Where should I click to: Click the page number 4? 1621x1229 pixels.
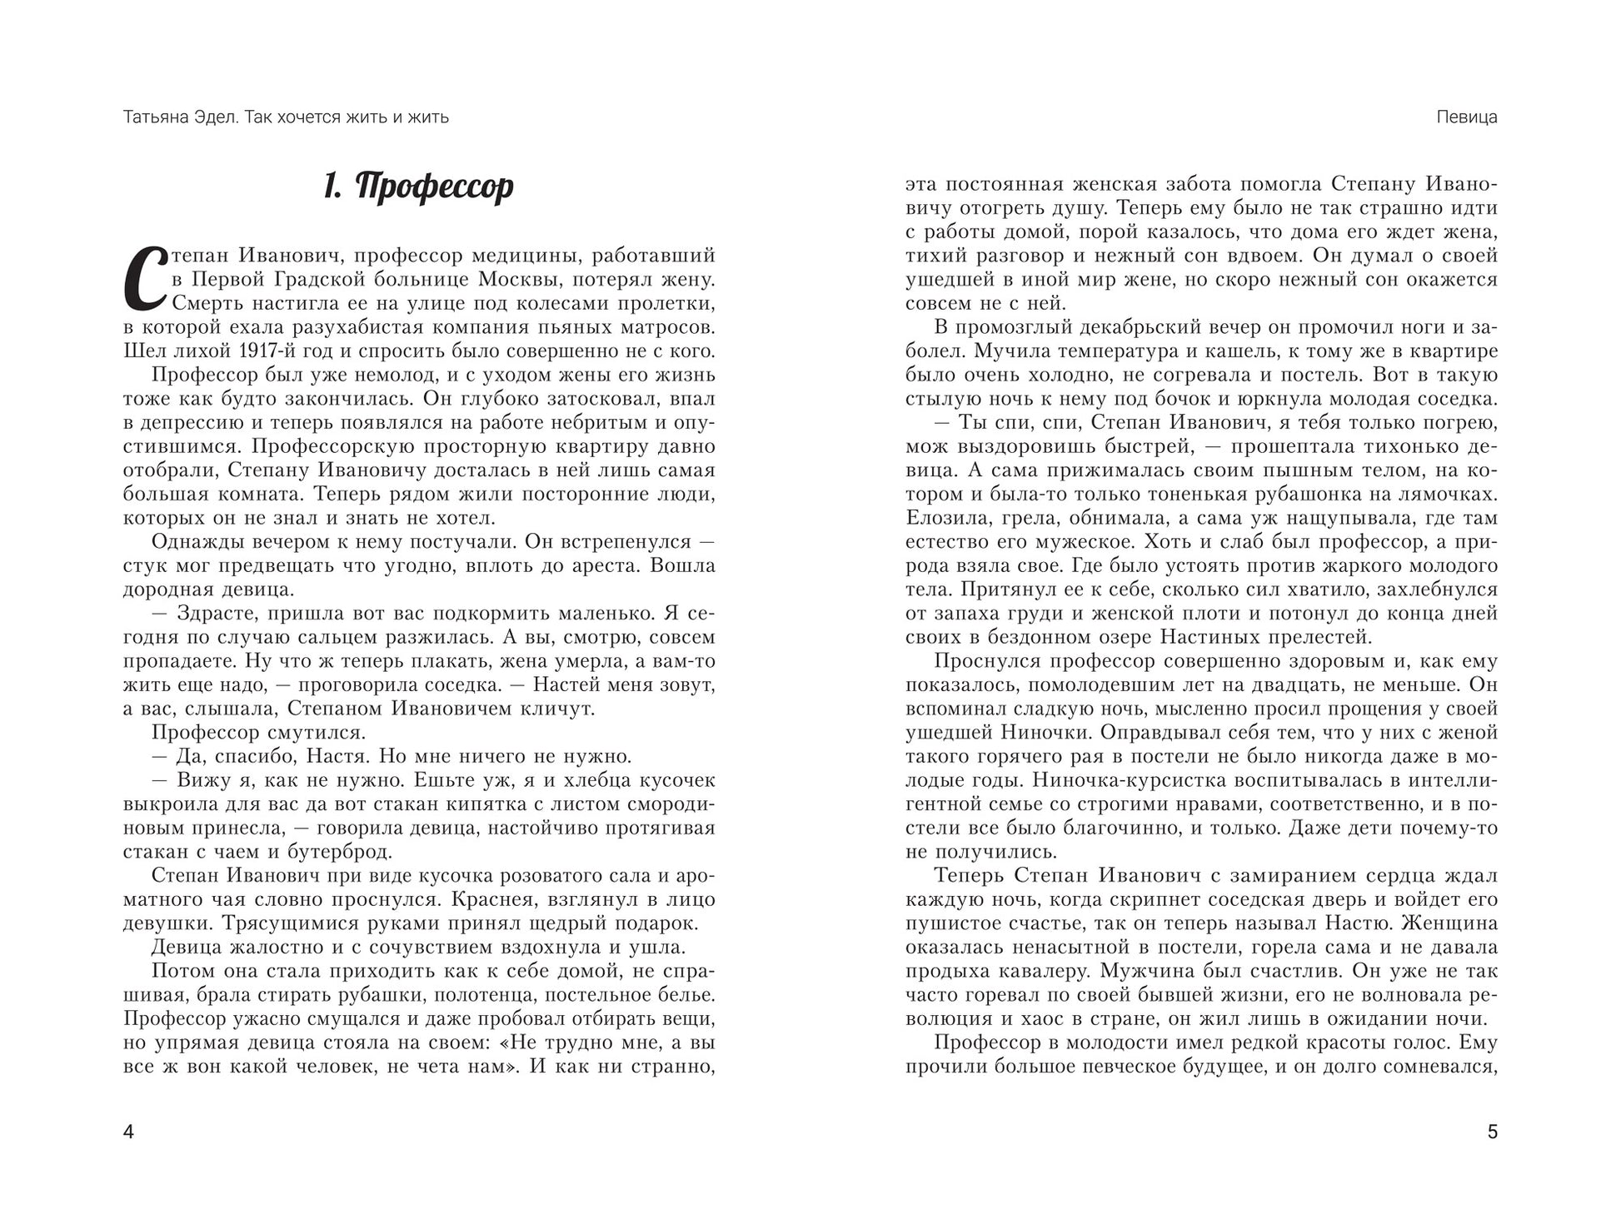[x=128, y=1132]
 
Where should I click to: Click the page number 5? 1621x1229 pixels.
[x=1492, y=1132]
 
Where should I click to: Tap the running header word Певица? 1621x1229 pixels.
[x=1467, y=117]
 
